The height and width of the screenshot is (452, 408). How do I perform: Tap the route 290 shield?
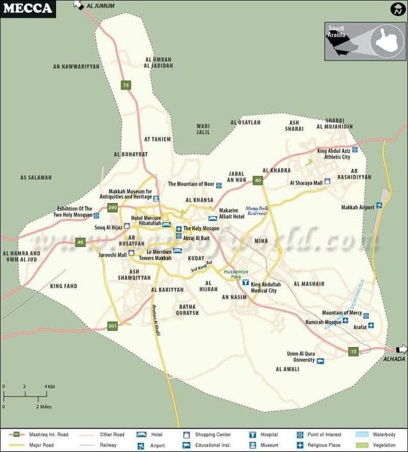pos(113,208)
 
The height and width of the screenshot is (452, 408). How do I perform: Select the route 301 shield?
pos(113,326)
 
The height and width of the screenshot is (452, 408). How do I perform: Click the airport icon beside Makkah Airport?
pos(379,205)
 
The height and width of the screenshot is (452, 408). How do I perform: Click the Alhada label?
pos(393,359)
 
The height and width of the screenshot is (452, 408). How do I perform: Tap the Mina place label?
pos(261,241)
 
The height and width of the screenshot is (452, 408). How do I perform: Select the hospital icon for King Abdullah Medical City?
pos(245,281)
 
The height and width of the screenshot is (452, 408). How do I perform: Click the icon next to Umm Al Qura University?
pos(320,361)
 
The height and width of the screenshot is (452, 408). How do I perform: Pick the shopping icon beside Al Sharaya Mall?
pos(328,181)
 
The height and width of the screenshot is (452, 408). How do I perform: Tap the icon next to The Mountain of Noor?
pos(219,185)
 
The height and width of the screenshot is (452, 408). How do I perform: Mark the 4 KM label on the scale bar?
pos(49,386)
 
